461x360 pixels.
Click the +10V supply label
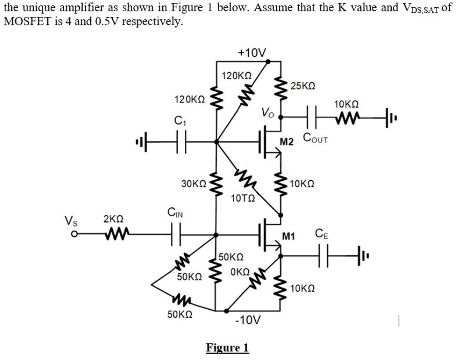point(251,52)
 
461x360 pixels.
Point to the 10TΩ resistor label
point(243,199)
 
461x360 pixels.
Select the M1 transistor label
point(289,236)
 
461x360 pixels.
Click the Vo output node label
point(268,113)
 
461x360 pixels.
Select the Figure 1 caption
point(227,347)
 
